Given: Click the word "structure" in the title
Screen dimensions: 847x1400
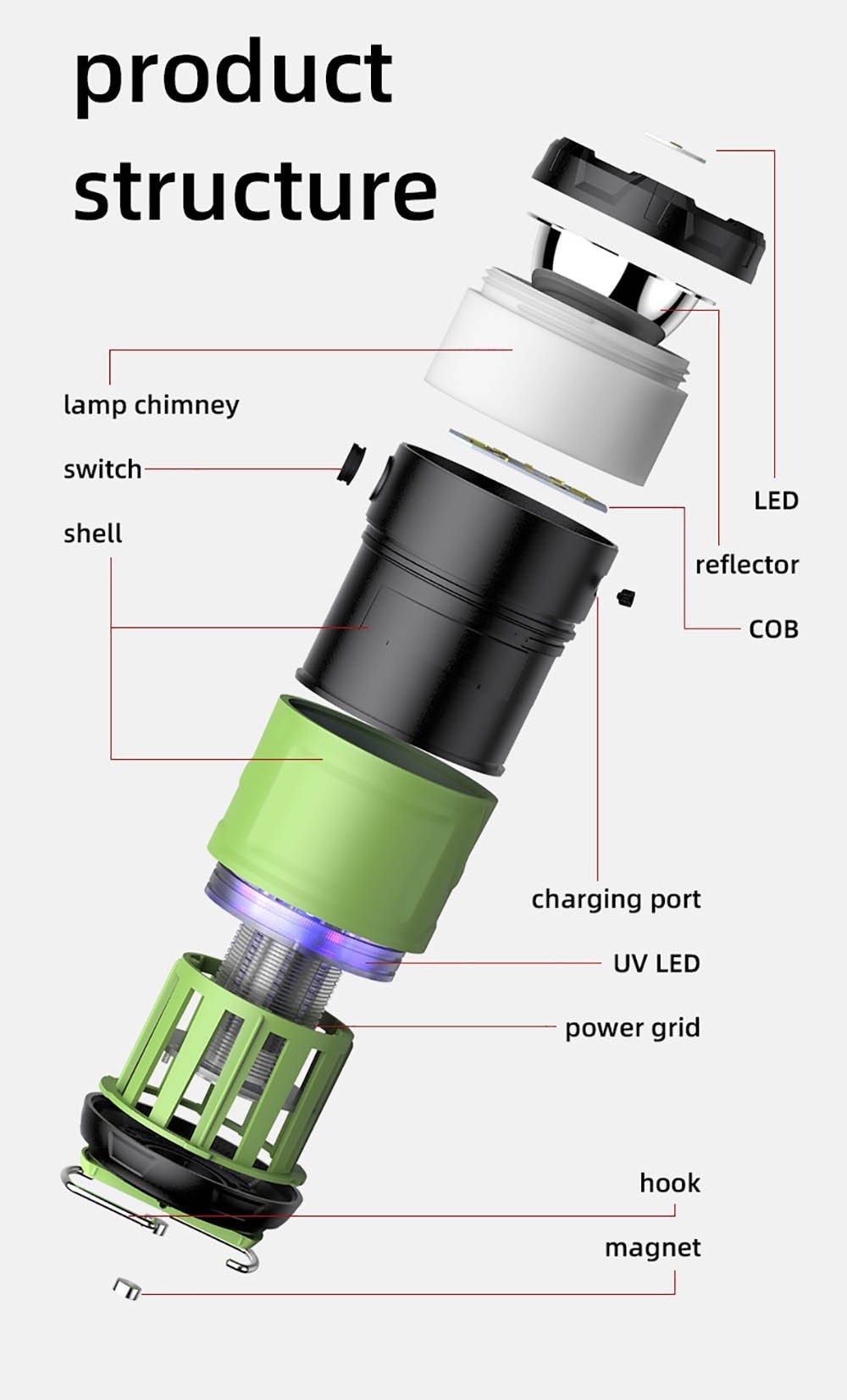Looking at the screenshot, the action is pyautogui.click(x=255, y=190).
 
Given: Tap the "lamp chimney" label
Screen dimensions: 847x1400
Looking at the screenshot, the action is pyautogui.click(x=152, y=405).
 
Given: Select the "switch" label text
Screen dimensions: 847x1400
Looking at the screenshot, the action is pyautogui.click(x=102, y=468).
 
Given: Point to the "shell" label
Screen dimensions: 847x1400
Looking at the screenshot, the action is pyautogui.click(x=92, y=533).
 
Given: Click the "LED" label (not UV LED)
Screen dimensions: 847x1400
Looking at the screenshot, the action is pyautogui.click(x=776, y=501).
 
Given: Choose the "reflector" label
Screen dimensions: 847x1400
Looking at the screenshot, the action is pyautogui.click(x=747, y=565).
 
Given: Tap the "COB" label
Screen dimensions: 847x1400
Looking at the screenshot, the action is pyautogui.click(x=774, y=629).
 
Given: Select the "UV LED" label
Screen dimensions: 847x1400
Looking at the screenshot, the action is pyautogui.click(x=656, y=964).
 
